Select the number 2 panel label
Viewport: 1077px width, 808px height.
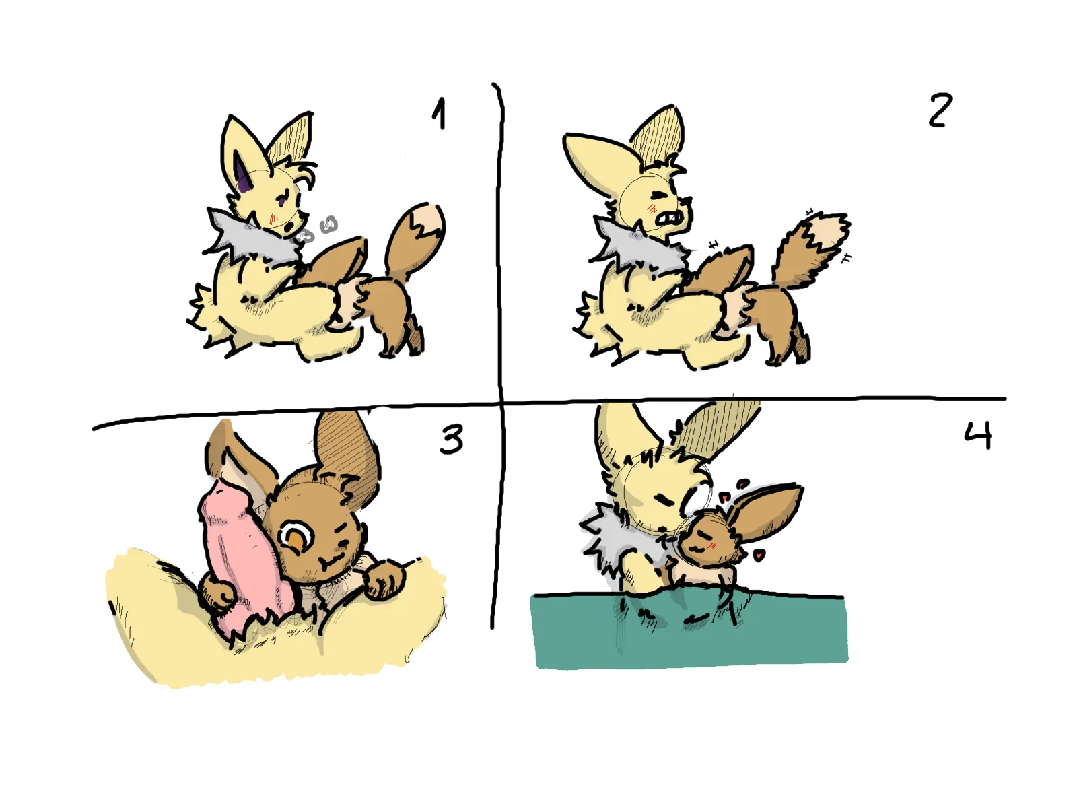pos(940,110)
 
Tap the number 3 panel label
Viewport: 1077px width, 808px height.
pos(450,439)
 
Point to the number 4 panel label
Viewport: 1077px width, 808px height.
pos(978,435)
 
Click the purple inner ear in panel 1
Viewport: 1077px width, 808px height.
pos(242,172)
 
